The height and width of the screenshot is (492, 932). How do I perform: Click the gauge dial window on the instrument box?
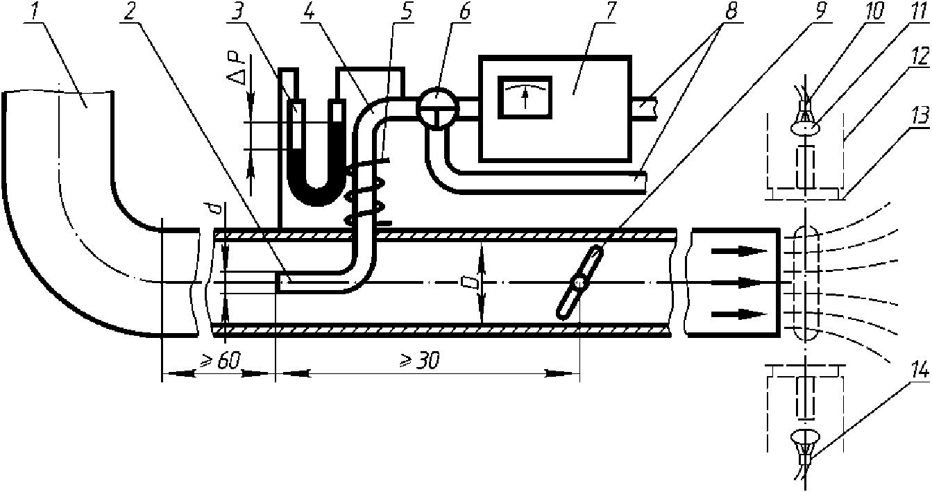pos(525,94)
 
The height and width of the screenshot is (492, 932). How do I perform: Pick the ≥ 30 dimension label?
pos(419,360)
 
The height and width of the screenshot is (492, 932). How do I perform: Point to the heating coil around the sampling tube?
pos(366,191)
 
